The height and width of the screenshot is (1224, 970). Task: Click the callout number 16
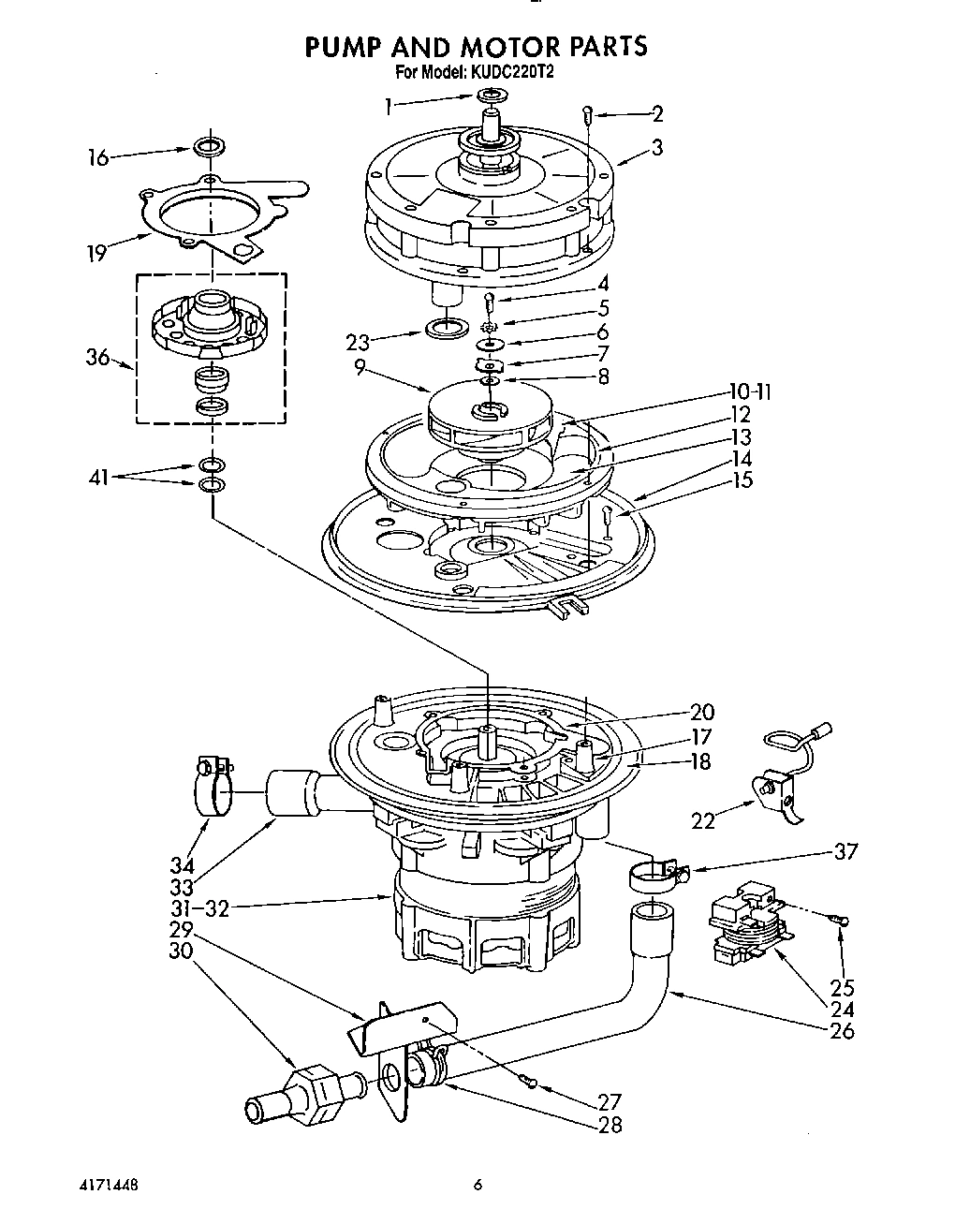[x=98, y=157]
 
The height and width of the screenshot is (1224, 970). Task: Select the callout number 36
[x=98, y=358]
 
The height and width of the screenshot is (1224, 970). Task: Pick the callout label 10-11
[x=750, y=391]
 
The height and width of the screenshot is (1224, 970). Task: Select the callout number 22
[x=702, y=820]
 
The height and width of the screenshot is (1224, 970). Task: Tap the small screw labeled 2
[x=588, y=115]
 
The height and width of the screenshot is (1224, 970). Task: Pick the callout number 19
[x=97, y=253]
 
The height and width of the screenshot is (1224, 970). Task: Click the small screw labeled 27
[x=532, y=1084]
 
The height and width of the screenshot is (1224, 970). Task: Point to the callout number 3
[x=657, y=147]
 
